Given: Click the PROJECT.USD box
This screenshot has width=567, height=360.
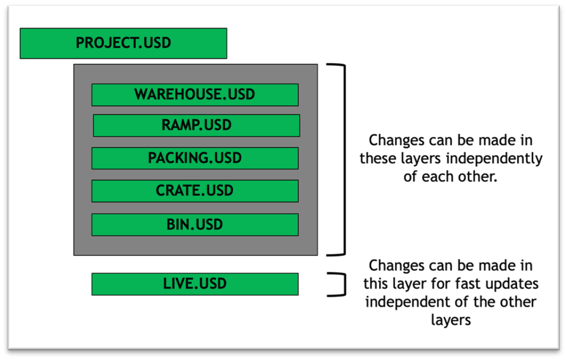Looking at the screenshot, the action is pyautogui.click(x=123, y=43).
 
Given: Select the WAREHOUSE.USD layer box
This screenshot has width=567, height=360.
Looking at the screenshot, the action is pyautogui.click(x=195, y=95).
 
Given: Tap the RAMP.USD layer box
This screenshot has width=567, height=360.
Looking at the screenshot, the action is pyautogui.click(x=197, y=125).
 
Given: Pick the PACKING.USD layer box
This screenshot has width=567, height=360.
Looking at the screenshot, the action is pyautogui.click(x=195, y=158).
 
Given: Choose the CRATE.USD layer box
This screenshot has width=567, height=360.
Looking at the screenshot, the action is pyautogui.click(x=195, y=191).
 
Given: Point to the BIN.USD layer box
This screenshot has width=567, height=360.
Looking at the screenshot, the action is pyautogui.click(x=195, y=225).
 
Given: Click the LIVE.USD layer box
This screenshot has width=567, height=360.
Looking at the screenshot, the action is pyautogui.click(x=195, y=284).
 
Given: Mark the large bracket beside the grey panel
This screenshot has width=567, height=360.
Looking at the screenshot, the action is pyautogui.click(x=345, y=160).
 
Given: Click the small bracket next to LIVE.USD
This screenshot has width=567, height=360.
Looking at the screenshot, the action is pyautogui.click(x=345, y=285).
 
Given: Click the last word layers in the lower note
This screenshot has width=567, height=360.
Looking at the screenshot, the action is pyautogui.click(x=451, y=321).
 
